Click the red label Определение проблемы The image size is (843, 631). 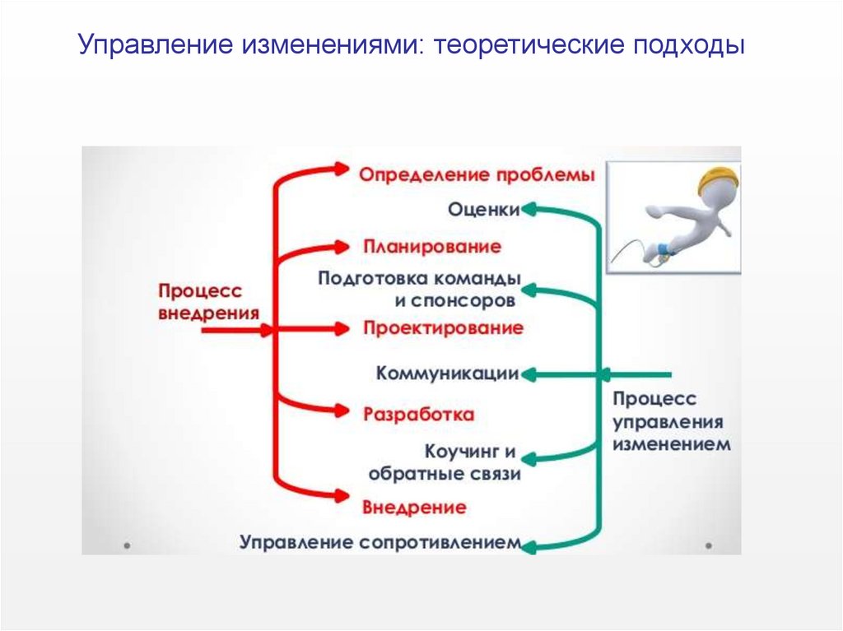click(477, 174)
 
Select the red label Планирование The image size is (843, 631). click(431, 246)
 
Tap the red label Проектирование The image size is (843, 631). click(443, 327)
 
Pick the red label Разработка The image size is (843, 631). click(418, 413)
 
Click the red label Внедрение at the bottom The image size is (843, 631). click(414, 506)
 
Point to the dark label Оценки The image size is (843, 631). click(483, 209)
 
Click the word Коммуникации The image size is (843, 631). click(447, 374)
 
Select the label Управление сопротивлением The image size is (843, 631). click(380, 542)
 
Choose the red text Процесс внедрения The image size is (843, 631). click(207, 302)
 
